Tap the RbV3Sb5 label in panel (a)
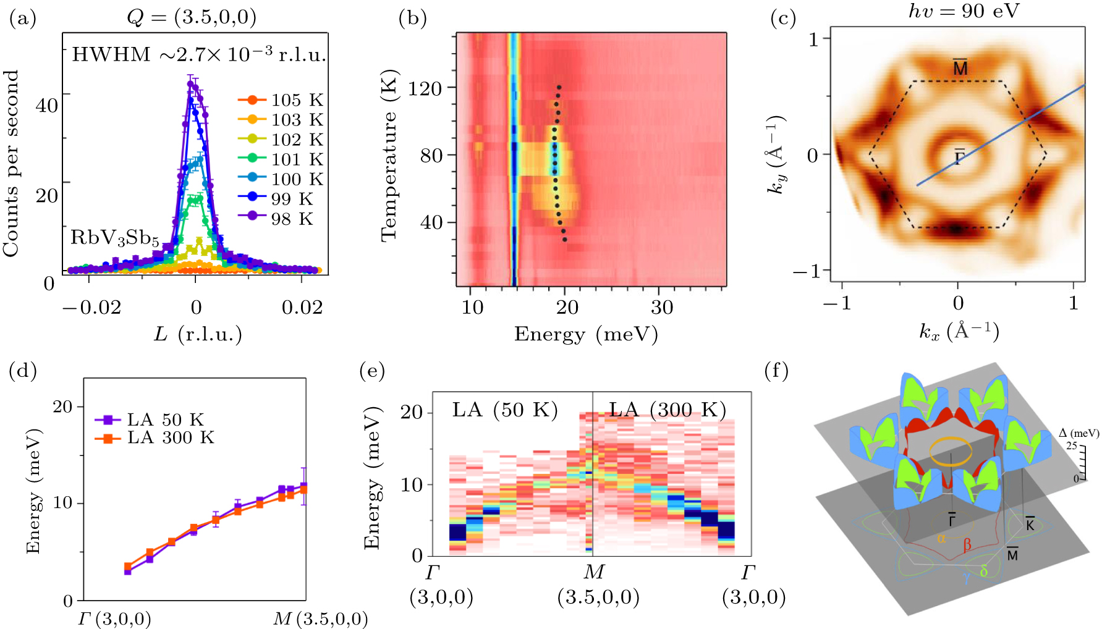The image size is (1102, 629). click(114, 238)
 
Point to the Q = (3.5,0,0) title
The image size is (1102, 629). click(191, 17)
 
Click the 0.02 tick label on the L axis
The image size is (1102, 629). click(302, 307)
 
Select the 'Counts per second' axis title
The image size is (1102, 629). click(11, 163)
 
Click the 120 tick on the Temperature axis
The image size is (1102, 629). click(425, 88)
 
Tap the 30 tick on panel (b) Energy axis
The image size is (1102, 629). click(661, 307)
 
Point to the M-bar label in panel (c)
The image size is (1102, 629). click(960, 67)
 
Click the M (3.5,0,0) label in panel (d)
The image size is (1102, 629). click(320, 618)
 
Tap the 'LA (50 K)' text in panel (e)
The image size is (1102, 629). click(504, 410)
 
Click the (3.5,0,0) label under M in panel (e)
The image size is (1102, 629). click(598, 597)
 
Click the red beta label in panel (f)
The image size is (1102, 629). click(967, 545)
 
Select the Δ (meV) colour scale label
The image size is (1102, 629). click(1079, 433)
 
